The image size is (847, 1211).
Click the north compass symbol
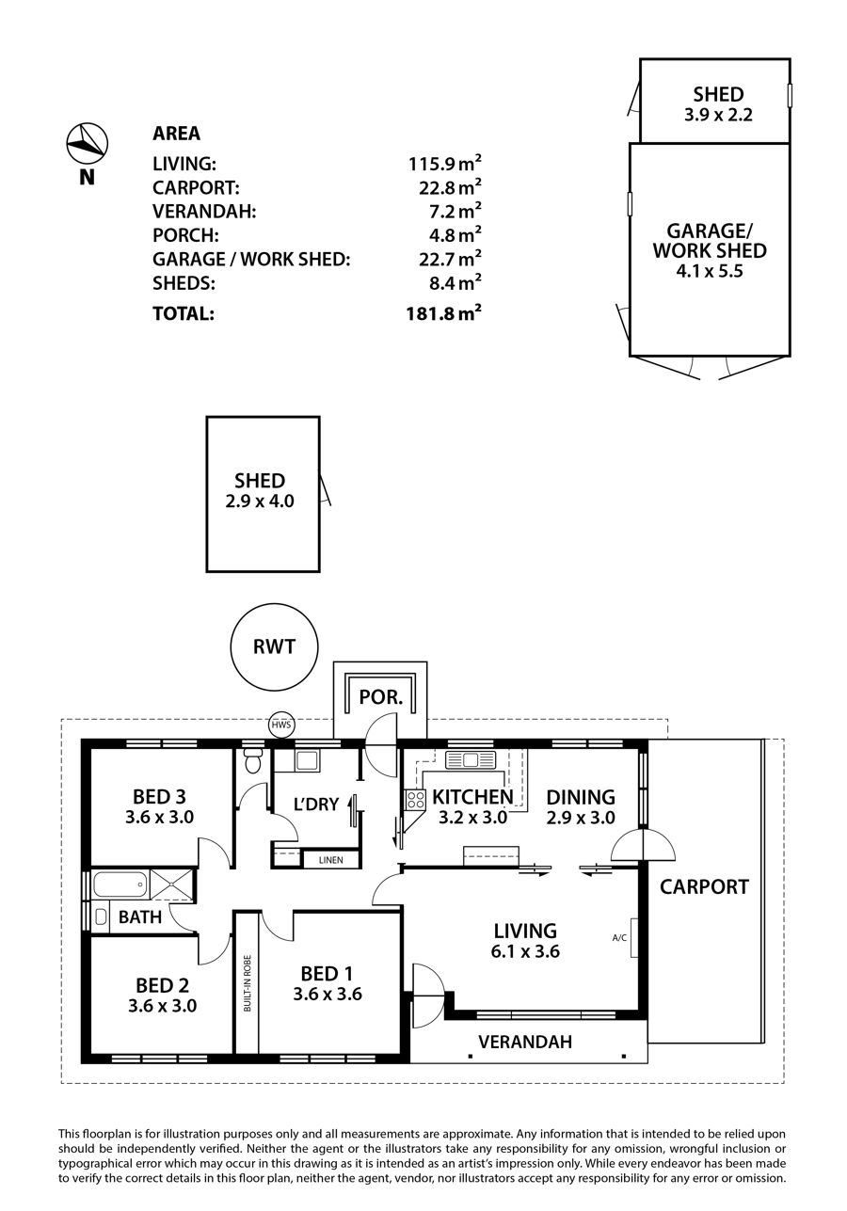(88, 144)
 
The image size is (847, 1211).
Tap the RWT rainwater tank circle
(274, 646)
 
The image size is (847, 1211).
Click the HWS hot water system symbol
(281, 725)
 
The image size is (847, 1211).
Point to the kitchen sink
(470, 759)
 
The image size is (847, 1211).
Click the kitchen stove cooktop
(415, 800)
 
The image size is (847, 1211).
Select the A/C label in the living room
(619, 938)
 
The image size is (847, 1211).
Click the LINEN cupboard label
(330, 860)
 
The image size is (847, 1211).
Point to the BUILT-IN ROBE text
(248, 983)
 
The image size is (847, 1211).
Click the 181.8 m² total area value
(443, 313)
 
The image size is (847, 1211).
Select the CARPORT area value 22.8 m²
(450, 187)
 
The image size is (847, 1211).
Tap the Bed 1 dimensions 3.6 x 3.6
(328, 994)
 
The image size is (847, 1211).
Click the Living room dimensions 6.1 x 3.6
(525, 951)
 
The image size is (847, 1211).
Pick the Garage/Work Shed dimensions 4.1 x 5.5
(710, 271)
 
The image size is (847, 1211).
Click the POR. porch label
(381, 697)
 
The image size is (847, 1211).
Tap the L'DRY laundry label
(316, 805)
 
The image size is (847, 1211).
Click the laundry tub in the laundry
(307, 760)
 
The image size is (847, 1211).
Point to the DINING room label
(581, 797)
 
